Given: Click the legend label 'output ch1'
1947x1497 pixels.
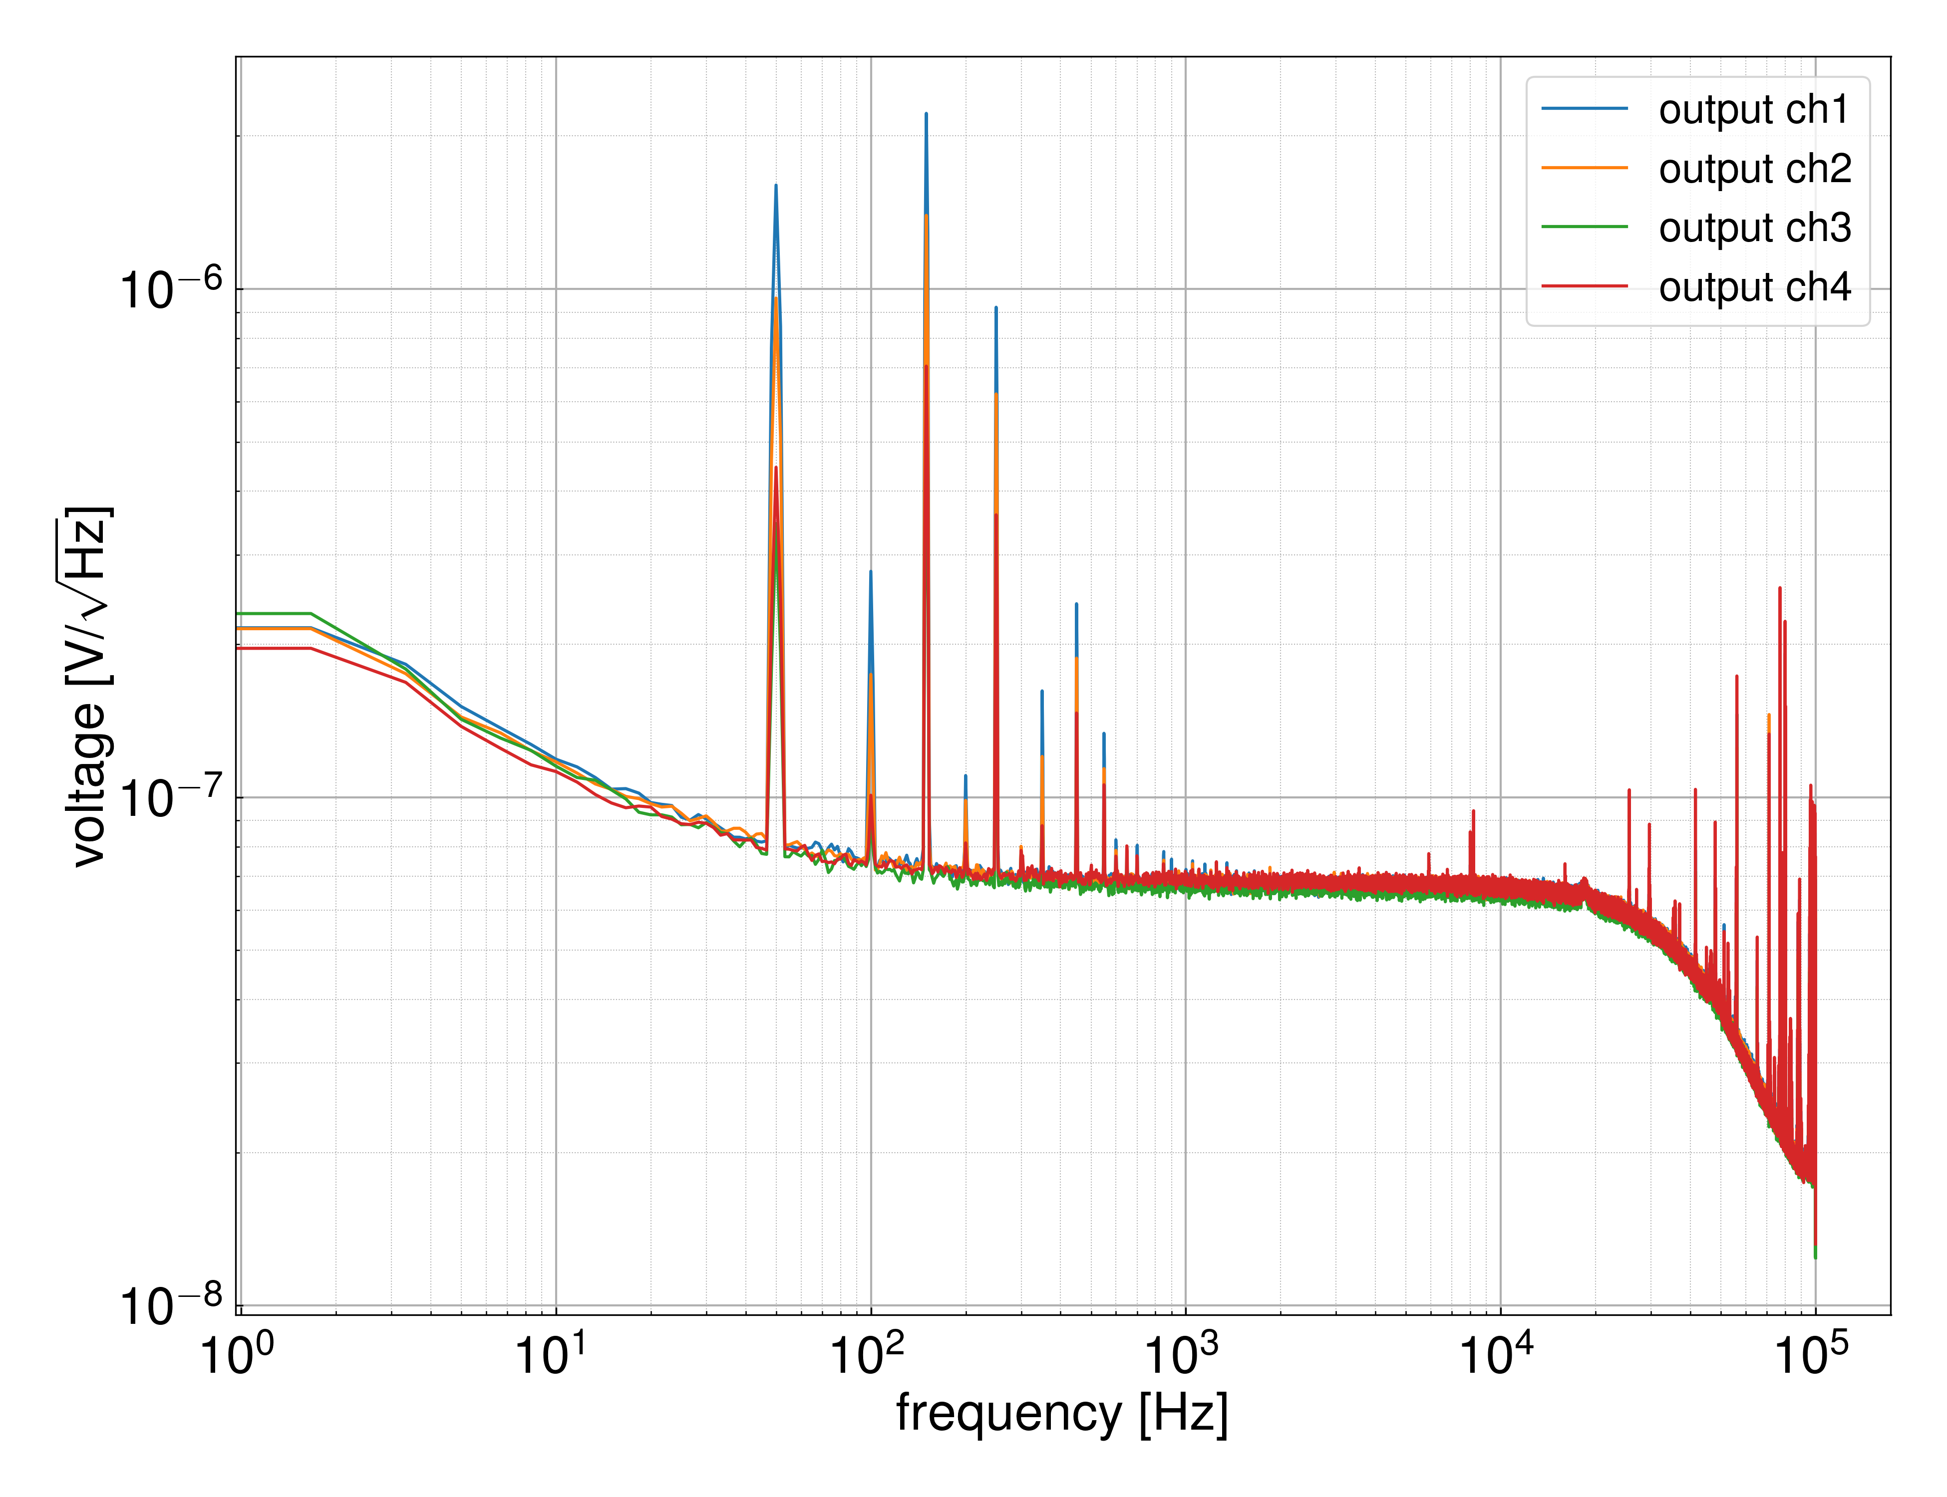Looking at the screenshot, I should [1753, 110].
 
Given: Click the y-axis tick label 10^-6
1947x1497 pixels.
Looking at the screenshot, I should [169, 289].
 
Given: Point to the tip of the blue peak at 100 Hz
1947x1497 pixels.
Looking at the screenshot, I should [870, 571].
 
